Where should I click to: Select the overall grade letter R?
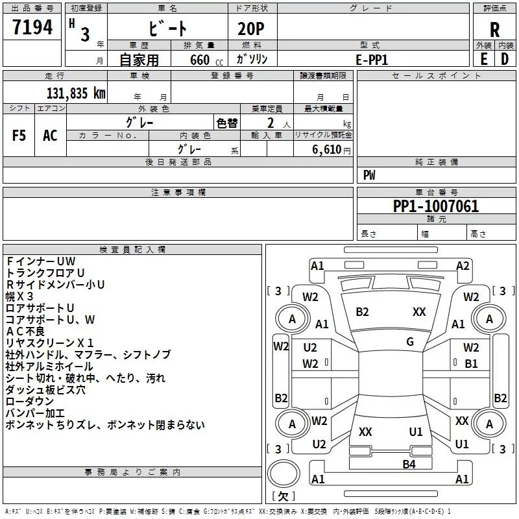point(494,30)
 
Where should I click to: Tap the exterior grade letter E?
point(483,58)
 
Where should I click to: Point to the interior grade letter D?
point(504,58)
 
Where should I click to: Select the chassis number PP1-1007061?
point(436,206)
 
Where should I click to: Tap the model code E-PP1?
point(371,59)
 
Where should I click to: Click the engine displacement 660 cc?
point(200,60)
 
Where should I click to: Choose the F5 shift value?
point(19,136)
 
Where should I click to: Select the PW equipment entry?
point(369,175)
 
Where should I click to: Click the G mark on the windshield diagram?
point(410,342)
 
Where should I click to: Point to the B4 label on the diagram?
point(409,464)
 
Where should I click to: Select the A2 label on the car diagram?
point(463,265)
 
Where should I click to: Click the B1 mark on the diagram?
point(472,364)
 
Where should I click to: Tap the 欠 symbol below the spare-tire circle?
point(282,496)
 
